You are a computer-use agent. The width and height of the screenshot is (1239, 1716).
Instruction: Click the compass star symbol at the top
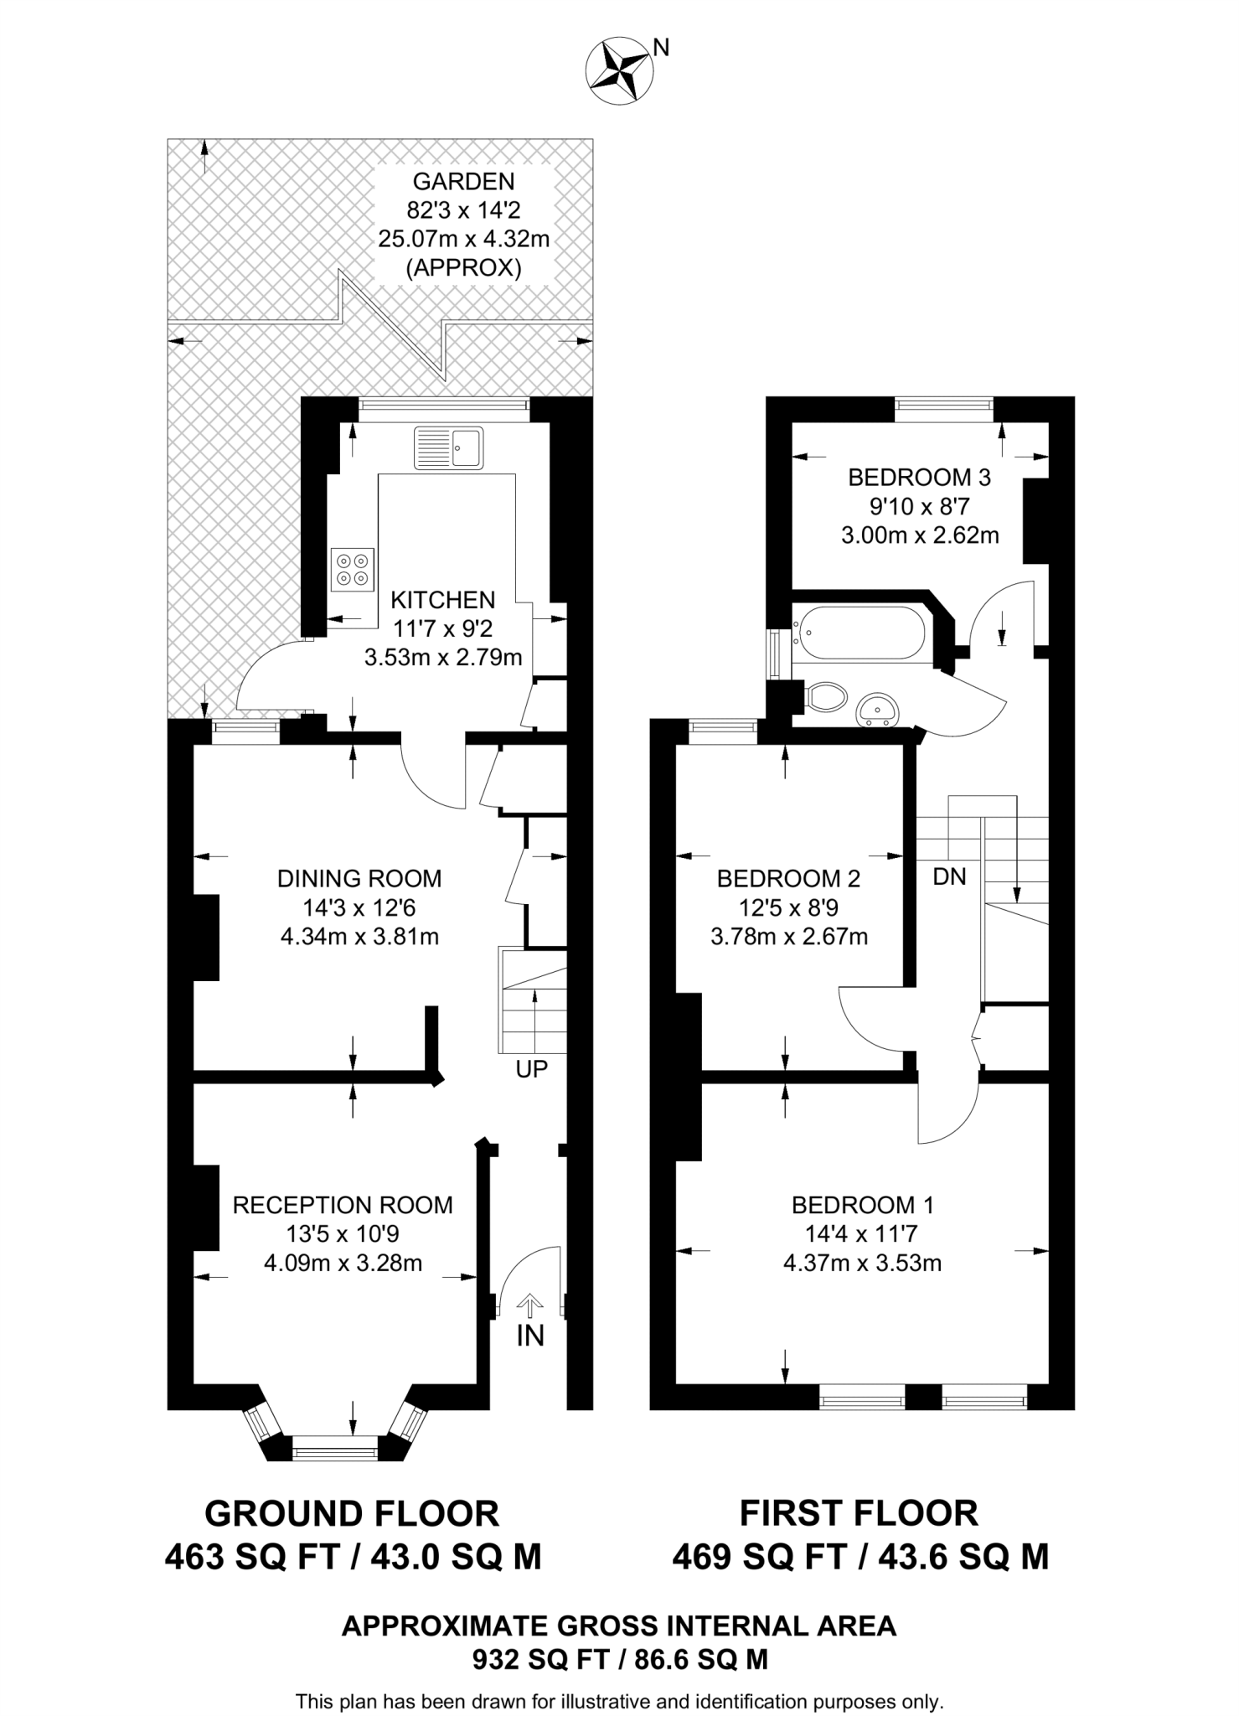(619, 72)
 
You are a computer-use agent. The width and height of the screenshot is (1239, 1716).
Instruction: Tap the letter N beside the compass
(661, 49)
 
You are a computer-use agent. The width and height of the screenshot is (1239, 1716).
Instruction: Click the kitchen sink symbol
(448, 447)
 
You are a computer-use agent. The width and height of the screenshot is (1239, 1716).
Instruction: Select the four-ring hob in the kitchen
(353, 570)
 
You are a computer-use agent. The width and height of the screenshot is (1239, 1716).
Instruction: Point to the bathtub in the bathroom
(861, 633)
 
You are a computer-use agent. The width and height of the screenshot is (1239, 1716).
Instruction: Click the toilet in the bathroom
(827, 696)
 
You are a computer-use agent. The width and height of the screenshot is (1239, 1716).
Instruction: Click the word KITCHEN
(443, 600)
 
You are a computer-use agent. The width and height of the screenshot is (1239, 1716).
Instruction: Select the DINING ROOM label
(359, 879)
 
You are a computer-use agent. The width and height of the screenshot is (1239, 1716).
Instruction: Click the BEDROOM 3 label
(919, 478)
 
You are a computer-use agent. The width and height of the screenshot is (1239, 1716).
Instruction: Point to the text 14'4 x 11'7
(862, 1233)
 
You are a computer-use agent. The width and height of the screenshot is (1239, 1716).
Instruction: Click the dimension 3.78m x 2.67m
(788, 936)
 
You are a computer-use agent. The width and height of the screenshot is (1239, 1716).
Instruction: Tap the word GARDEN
(463, 181)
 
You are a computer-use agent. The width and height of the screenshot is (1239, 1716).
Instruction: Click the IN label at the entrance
(530, 1336)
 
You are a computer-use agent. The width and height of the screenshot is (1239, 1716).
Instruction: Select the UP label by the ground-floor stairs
(531, 1069)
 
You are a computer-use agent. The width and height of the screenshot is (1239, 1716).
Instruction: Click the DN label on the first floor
(949, 876)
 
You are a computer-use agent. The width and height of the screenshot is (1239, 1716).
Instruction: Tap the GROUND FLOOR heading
(352, 1514)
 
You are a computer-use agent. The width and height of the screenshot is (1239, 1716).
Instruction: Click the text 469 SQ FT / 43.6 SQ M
(860, 1557)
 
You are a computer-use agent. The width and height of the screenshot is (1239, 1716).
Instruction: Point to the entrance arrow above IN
(529, 1305)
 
